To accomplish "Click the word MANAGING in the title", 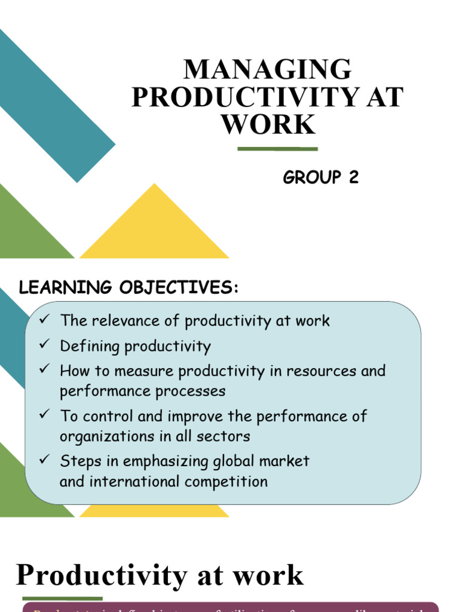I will pyautogui.click(x=267, y=70).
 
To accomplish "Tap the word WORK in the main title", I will pyautogui.click(x=267, y=124).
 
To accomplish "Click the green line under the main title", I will pyautogui.click(x=277, y=149).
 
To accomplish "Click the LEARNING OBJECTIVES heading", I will pyautogui.click(x=129, y=287).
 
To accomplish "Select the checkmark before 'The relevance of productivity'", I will pyautogui.click(x=44, y=320).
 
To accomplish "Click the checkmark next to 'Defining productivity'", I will pyautogui.click(x=44, y=345).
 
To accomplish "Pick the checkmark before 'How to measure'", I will pyautogui.click(x=44, y=370).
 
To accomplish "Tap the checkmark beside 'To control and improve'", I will pyautogui.click(x=44, y=415).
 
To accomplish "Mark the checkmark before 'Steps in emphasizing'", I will pyautogui.click(x=44, y=460).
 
